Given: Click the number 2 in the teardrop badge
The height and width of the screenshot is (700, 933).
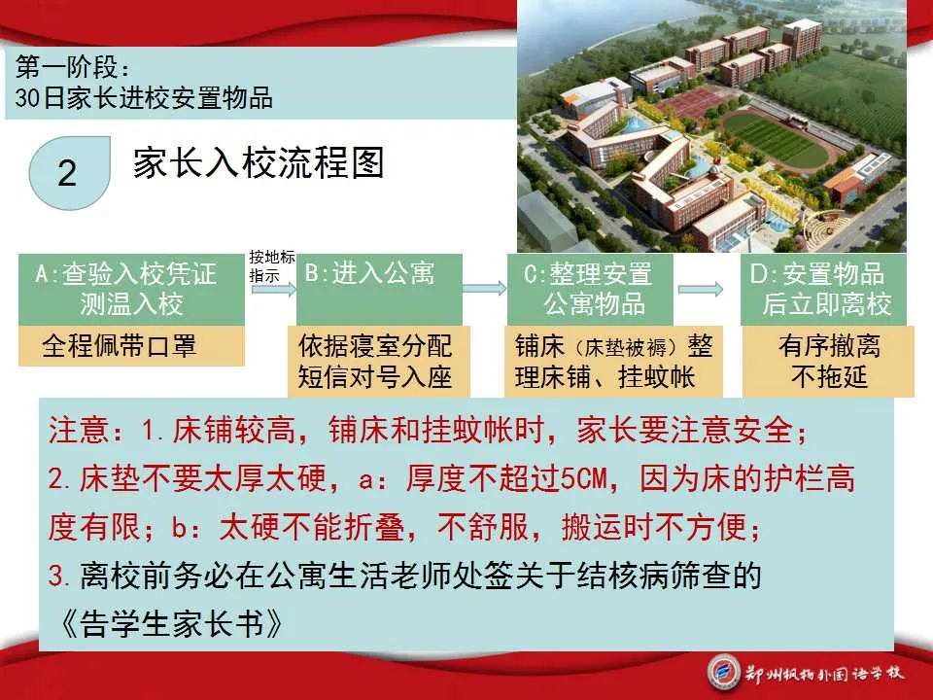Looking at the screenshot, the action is (67, 173).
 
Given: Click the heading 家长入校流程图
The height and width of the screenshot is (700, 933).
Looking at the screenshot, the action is (259, 162).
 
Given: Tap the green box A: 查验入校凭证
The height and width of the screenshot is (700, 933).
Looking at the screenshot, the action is (131, 290).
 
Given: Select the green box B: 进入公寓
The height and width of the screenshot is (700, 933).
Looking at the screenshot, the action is (379, 290).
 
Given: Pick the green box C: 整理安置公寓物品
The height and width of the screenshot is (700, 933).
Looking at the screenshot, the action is (590, 290).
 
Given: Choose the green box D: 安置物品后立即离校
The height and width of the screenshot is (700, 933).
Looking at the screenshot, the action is (823, 290).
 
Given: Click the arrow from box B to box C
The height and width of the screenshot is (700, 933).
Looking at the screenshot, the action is (484, 289).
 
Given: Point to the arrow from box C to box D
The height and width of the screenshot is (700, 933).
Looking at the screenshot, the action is (701, 290).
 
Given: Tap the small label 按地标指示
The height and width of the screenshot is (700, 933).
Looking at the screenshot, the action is (272, 266).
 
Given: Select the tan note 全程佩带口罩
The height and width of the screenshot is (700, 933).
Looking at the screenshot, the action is (131, 346).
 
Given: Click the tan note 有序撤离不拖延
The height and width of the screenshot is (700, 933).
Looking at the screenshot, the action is (828, 362).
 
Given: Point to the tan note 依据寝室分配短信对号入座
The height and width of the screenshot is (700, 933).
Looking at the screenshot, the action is (379, 362).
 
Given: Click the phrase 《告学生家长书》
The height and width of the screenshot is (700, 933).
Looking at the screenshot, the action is (171, 624).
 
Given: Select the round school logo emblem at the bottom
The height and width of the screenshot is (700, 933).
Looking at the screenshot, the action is (724, 673).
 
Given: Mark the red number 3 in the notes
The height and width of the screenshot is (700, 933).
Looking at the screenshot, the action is (56, 576).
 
